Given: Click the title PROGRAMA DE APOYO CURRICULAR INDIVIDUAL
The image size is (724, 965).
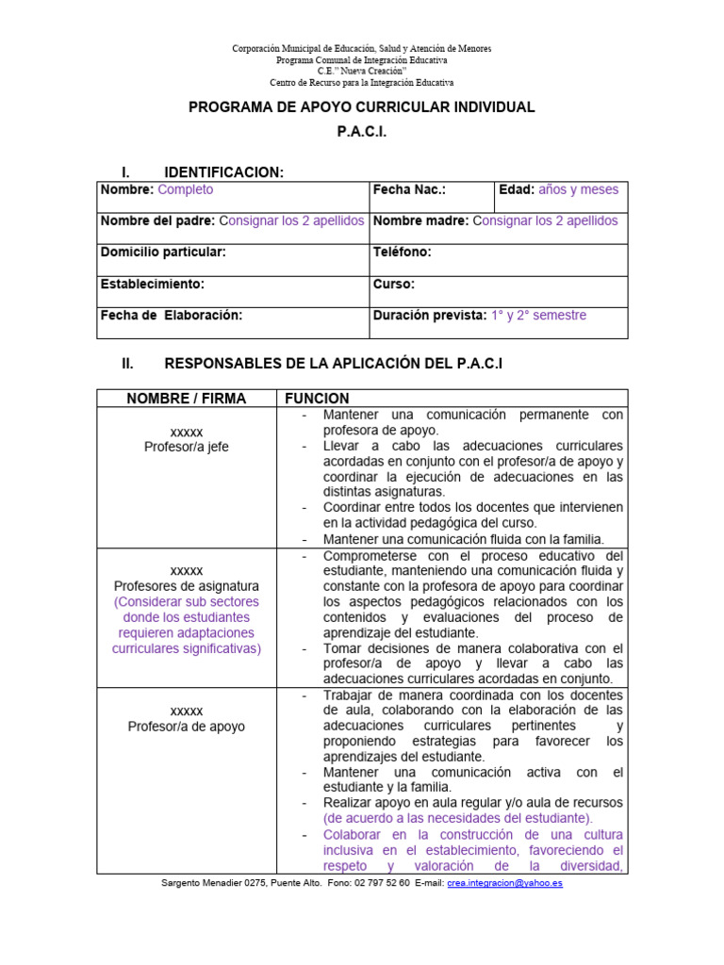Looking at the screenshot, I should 362,107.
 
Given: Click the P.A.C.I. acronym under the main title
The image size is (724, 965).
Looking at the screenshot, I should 362,133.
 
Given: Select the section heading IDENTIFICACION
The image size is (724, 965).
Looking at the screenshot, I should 223,172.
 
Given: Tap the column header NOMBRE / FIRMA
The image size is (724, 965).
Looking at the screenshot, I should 186,399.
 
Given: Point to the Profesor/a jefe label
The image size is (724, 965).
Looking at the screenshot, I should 186,447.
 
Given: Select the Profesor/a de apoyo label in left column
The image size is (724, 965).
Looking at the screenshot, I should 186,727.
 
